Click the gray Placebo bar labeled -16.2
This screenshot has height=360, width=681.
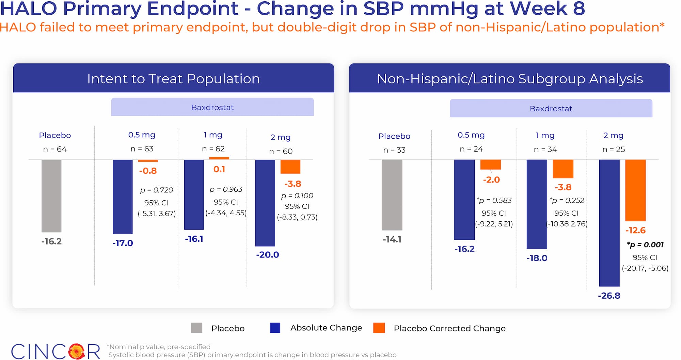point(51,196)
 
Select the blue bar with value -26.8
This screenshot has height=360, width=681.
point(609,223)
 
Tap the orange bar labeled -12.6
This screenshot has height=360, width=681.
point(635,190)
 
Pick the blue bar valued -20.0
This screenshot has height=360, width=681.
point(265,203)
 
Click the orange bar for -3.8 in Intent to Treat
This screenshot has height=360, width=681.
point(290,167)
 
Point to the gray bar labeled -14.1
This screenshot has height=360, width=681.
point(392,195)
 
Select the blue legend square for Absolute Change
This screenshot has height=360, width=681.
point(275,328)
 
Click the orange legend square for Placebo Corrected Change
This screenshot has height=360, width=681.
point(379,328)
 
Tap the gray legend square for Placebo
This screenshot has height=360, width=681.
point(196,328)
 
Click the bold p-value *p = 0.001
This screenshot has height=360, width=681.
point(645,245)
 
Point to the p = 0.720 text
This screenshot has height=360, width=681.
point(157,190)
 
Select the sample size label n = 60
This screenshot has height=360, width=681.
point(281,151)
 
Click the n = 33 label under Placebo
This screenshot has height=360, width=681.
point(394,150)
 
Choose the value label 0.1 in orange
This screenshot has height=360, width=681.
point(219,169)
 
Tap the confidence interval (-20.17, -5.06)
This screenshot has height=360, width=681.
point(645,268)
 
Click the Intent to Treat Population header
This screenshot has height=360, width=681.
point(173,79)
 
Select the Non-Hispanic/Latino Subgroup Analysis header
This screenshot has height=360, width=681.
point(510,79)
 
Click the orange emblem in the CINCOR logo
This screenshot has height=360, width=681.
point(77,351)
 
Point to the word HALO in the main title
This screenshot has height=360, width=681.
point(29,9)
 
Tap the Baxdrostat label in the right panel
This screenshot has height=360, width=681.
point(551,109)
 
